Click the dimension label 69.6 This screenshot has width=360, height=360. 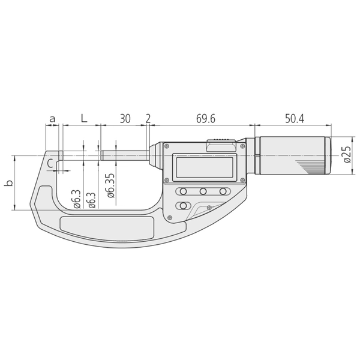click(x=205, y=119)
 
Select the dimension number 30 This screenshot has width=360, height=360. click(x=124, y=119)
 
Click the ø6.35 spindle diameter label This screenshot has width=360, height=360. click(x=109, y=186)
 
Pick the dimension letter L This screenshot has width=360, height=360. click(x=84, y=119)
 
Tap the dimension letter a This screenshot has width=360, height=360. click(x=52, y=119)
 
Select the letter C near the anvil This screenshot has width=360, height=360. click(x=51, y=162)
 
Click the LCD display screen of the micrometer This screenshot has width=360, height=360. click(x=204, y=166)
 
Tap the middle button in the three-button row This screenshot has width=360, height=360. click(x=204, y=191)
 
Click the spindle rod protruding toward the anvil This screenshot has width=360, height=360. click(x=123, y=155)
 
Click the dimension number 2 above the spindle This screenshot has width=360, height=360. click(x=148, y=119)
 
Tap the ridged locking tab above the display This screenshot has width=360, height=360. click(x=222, y=142)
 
